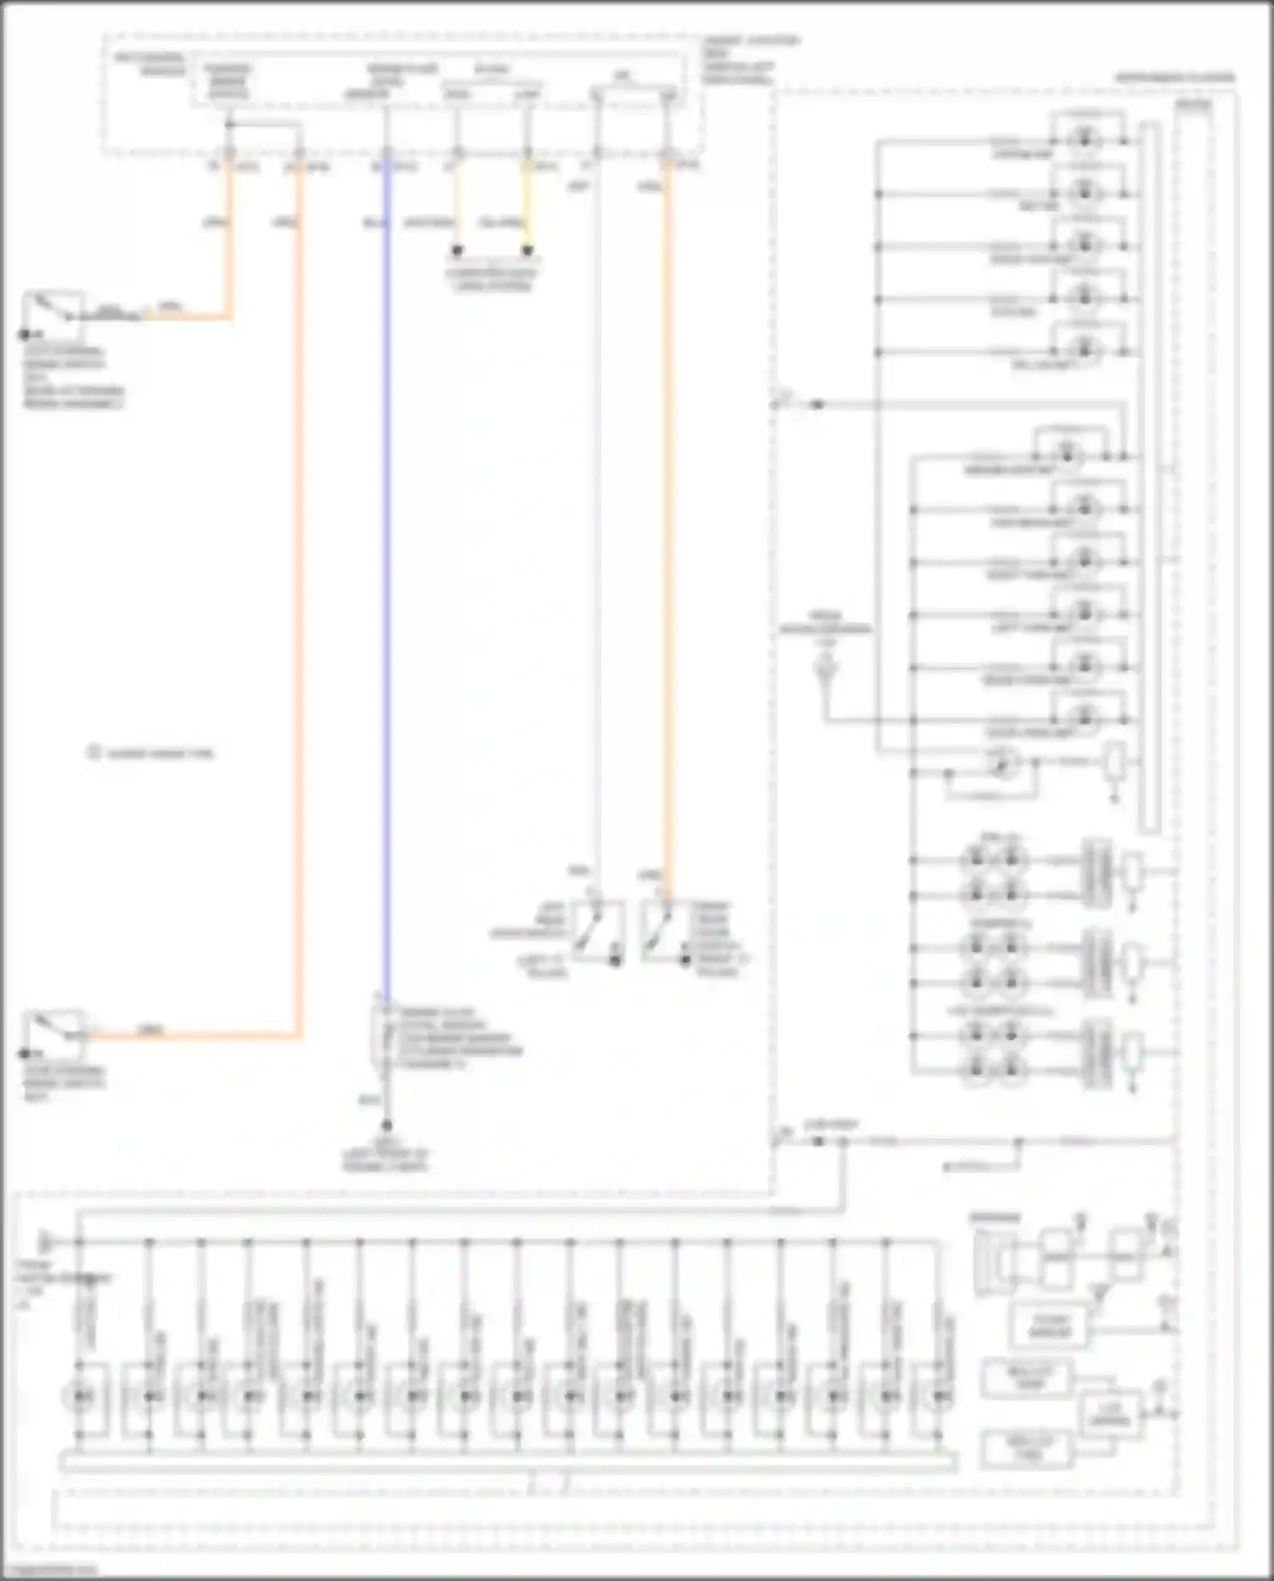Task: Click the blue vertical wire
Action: (x=386, y=595)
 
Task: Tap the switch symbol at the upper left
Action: (x=53, y=314)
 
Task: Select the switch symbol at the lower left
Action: (x=53, y=1035)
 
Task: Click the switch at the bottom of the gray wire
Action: (x=598, y=930)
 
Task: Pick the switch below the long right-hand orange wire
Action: (x=659, y=931)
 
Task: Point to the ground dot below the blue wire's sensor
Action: (x=386, y=1125)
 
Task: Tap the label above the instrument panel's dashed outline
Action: (x=1175, y=77)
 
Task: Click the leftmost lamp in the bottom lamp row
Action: (x=81, y=1396)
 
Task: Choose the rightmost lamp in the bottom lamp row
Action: (x=939, y=1396)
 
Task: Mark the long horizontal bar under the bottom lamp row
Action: (x=508, y=1462)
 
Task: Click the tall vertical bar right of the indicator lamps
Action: (x=1150, y=476)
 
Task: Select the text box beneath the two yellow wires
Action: (x=492, y=279)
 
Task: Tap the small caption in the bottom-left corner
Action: (x=48, y=1571)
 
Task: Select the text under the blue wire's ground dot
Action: (x=386, y=1160)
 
